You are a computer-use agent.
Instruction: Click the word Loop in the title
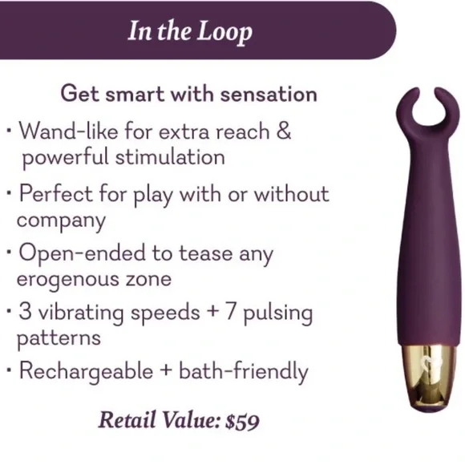point(224,32)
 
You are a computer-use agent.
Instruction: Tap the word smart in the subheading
point(135,95)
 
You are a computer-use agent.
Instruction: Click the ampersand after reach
point(284,131)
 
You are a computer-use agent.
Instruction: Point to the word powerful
point(65,158)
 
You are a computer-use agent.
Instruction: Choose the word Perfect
point(56,193)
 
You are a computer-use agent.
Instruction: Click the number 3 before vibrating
point(25,312)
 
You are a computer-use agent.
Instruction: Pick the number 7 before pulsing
point(230,312)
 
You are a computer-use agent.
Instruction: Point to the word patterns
point(59,339)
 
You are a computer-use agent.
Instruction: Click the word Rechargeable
point(86,371)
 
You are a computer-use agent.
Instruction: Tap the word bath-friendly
point(244,371)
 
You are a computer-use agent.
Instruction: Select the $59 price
point(242,421)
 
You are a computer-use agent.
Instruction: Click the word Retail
point(127,420)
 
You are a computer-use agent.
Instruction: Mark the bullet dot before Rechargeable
point(10,370)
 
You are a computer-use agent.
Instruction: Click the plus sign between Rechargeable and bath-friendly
point(166,371)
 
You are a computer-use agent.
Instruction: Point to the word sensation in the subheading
point(269,95)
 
